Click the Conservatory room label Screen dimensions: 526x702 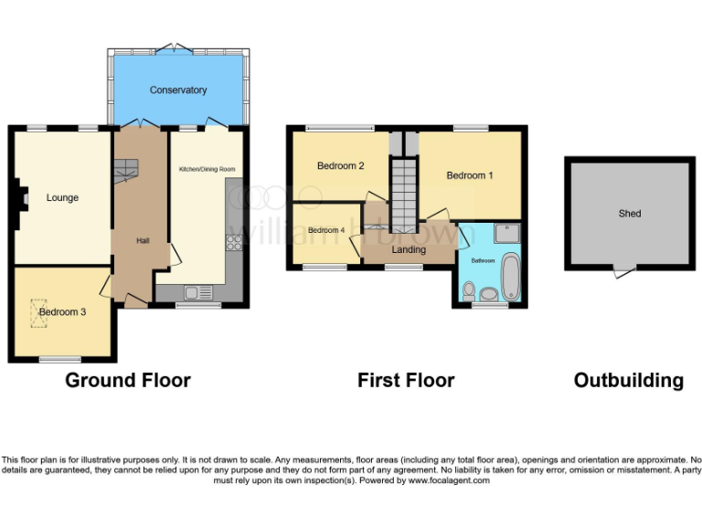pos(178,90)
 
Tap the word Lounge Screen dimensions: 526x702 pos(62,198)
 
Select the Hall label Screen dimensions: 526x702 pos(143,240)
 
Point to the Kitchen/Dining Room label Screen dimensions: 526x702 pos(207,169)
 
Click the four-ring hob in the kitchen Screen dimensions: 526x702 pos(232,243)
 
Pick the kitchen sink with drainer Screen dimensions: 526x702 pos(197,292)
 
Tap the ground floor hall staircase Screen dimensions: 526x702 pos(127,169)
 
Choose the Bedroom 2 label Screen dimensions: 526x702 pos(341,166)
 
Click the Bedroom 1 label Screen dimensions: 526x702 pos(470,175)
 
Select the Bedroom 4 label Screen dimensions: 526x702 pos(326,230)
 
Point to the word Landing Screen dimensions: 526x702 pos(408,249)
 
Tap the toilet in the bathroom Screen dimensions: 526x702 pos(469,291)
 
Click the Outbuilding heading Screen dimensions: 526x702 pos(628,380)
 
